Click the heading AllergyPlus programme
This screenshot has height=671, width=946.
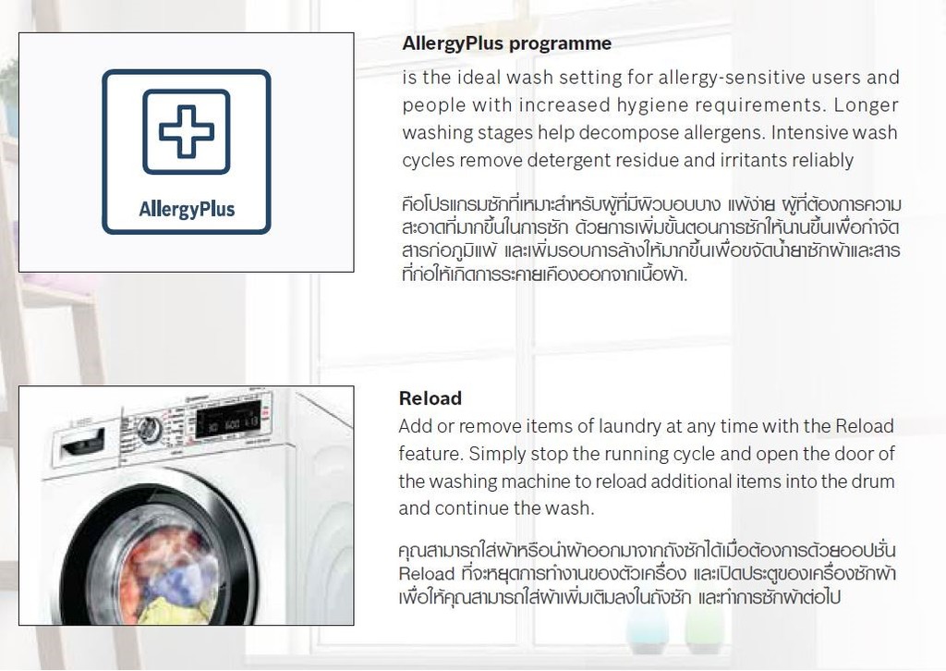click(x=506, y=43)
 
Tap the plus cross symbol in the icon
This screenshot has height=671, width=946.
click(x=187, y=131)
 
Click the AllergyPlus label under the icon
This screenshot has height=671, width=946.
click(x=187, y=210)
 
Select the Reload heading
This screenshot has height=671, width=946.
click(x=431, y=398)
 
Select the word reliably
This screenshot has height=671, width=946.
click(x=823, y=160)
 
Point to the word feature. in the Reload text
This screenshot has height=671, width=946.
click(x=431, y=454)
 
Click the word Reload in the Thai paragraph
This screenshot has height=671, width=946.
click(x=427, y=574)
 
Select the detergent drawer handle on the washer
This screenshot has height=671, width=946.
click(x=84, y=445)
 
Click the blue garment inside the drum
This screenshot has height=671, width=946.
click(x=181, y=580)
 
